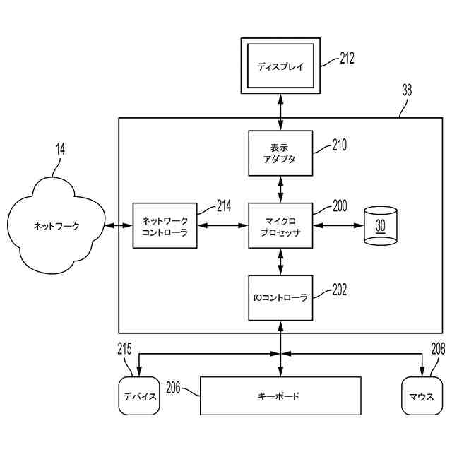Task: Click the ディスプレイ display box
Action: click(280, 66)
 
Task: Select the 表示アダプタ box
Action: click(280, 153)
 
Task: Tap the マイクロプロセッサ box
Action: click(280, 225)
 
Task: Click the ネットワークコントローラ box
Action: click(165, 225)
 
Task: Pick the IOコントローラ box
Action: click(280, 298)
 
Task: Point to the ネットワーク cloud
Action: click(56, 225)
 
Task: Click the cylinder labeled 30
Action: click(381, 225)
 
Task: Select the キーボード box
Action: click(280, 395)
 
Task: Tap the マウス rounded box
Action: click(422, 395)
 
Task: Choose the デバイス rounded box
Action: click(139, 395)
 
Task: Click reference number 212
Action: click(347, 58)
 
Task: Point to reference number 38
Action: click(407, 90)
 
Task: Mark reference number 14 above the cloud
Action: click(60, 149)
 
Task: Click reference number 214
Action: click(224, 206)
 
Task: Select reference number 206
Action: click(173, 388)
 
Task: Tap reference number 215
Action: click(124, 348)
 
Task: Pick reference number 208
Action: click(438, 348)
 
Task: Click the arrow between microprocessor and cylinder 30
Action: click(338, 225)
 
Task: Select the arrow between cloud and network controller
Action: click(119, 225)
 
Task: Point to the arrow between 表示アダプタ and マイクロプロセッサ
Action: click(280, 189)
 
